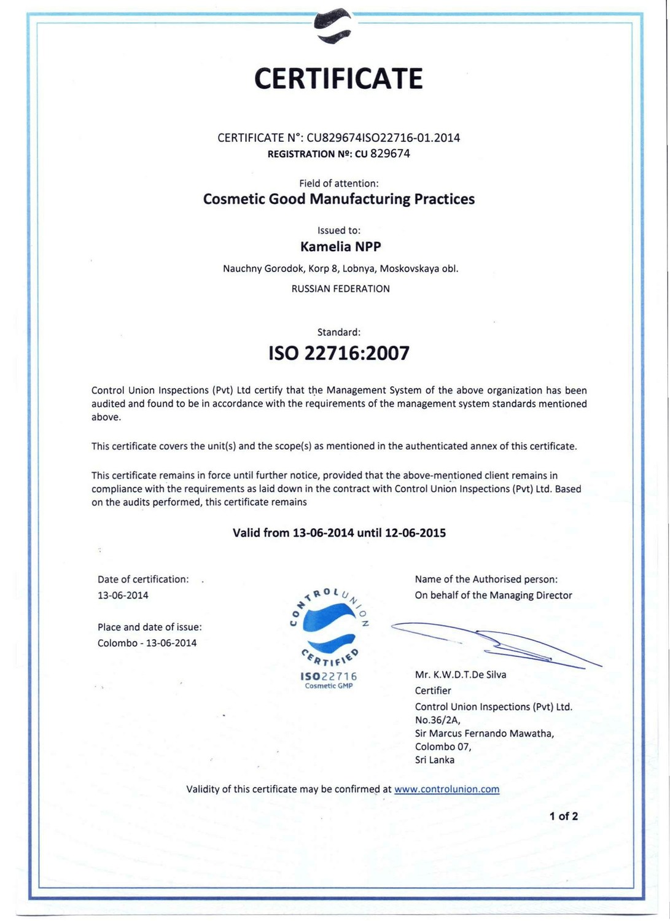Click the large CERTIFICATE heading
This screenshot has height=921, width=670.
338,79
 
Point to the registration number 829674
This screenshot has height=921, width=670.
390,153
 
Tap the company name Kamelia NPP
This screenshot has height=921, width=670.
340,247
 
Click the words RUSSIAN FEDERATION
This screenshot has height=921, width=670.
340,289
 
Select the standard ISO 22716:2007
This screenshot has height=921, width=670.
339,354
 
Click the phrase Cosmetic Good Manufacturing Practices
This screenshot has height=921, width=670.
338,199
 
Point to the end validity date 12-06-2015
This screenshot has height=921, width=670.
415,533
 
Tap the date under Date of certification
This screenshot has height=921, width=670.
123,596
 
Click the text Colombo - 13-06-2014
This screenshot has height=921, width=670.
147,643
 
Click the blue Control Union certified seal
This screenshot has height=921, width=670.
330,635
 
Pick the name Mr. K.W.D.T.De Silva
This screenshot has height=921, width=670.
461,675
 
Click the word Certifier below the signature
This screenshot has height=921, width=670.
433,691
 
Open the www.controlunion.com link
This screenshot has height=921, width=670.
446,790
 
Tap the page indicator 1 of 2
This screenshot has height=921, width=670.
563,817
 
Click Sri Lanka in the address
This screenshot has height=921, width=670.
435,760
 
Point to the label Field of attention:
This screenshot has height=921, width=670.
338,184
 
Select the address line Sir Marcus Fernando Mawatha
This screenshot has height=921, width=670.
484,734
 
